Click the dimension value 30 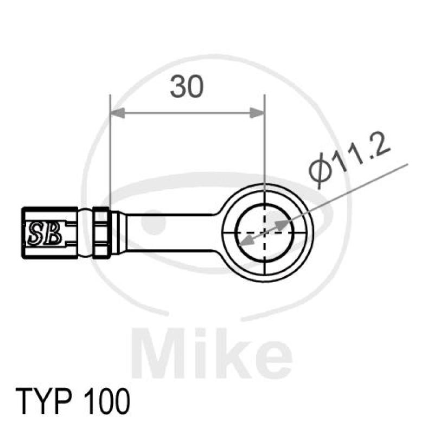click(187, 87)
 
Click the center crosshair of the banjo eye click(264, 232)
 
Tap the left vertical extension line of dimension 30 click(110, 157)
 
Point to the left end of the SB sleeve click(25, 232)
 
